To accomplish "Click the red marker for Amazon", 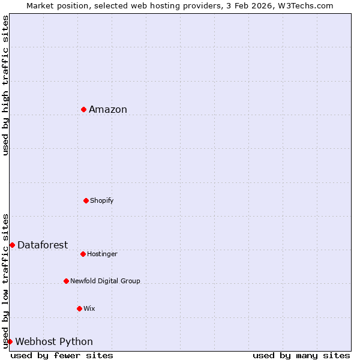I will pyautogui.click(x=83, y=109).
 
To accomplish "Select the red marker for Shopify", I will pyautogui.click(x=86, y=200).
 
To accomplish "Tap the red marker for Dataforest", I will pyautogui.click(x=12, y=245).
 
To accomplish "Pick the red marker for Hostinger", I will pyautogui.click(x=83, y=254).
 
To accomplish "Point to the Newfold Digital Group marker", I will pyautogui.click(x=66, y=281).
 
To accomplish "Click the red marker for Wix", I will pyautogui.click(x=79, y=308).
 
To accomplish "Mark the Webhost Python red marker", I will pyautogui.click(x=10, y=341).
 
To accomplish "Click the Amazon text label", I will pyautogui.click(x=108, y=109).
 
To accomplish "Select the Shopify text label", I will pyautogui.click(x=102, y=200).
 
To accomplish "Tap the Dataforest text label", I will pyautogui.click(x=43, y=245).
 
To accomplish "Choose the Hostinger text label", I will pyautogui.click(x=102, y=254).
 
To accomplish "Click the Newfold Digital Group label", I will pyautogui.click(x=105, y=281).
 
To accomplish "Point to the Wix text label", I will pyautogui.click(x=89, y=308).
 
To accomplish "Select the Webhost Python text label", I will pyautogui.click(x=54, y=342).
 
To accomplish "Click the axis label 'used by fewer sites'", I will pyautogui.click(x=62, y=355).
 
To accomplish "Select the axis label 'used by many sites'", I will pyautogui.click(x=301, y=355).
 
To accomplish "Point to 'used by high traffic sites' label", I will pyautogui.click(x=5, y=85).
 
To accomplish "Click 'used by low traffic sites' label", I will pyautogui.click(x=5, y=281).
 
